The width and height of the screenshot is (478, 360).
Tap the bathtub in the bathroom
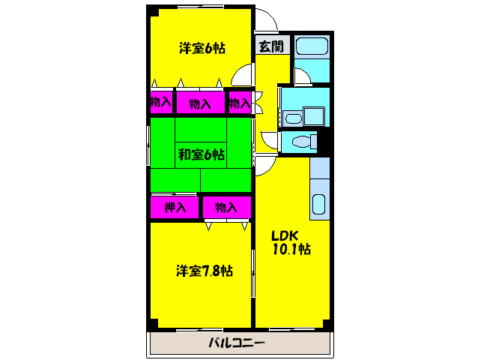310,46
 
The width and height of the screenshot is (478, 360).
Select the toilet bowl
303,142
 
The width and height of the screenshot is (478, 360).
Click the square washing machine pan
313,117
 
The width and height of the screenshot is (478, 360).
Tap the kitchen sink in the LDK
318,204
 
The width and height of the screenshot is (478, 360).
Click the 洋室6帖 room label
202,49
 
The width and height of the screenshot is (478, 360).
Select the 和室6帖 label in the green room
201,155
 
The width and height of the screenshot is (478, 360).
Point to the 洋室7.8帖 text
204,271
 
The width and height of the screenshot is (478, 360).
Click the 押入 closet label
175,207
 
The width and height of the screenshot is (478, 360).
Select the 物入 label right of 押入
226,207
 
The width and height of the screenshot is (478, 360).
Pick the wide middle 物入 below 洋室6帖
200,103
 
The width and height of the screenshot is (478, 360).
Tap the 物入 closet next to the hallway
239,103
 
